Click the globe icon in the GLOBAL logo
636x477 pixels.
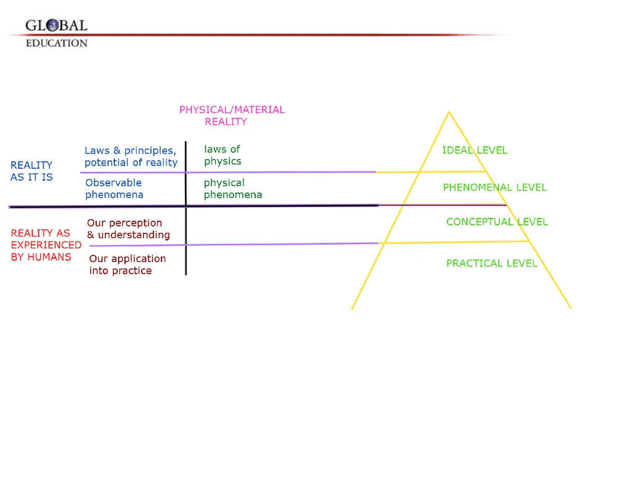point(52,25)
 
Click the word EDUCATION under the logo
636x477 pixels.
point(57,43)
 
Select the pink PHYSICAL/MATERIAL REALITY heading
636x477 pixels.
point(232,116)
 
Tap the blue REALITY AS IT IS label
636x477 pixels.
point(32,171)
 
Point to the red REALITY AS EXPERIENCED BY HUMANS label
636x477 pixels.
point(46,245)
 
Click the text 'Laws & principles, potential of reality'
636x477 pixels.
point(131,157)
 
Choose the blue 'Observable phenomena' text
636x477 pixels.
point(114,189)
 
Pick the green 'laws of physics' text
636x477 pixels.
point(223,155)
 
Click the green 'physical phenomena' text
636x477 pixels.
point(233,189)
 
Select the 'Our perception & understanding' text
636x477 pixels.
point(128,229)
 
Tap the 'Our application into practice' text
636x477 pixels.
point(127,265)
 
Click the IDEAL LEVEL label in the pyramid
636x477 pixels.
point(475,150)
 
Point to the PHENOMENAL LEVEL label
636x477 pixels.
point(495,188)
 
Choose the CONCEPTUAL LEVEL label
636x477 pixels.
point(497,222)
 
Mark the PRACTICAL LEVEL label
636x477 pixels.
point(492,263)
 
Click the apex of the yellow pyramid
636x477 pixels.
point(449,112)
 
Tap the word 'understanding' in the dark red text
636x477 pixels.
point(134,235)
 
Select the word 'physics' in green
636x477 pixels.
point(223,162)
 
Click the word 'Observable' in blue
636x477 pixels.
point(114,183)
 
